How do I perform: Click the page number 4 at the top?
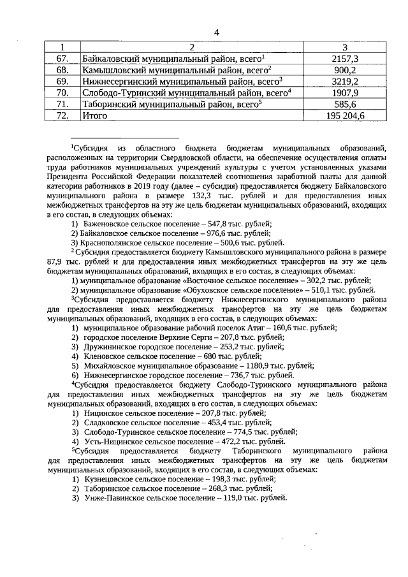click(216, 33)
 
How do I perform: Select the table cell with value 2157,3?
click(345, 58)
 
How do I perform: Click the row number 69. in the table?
click(62, 81)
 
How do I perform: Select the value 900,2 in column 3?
click(345, 69)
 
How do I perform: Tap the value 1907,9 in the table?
click(345, 92)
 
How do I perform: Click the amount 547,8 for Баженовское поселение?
click(213, 223)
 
